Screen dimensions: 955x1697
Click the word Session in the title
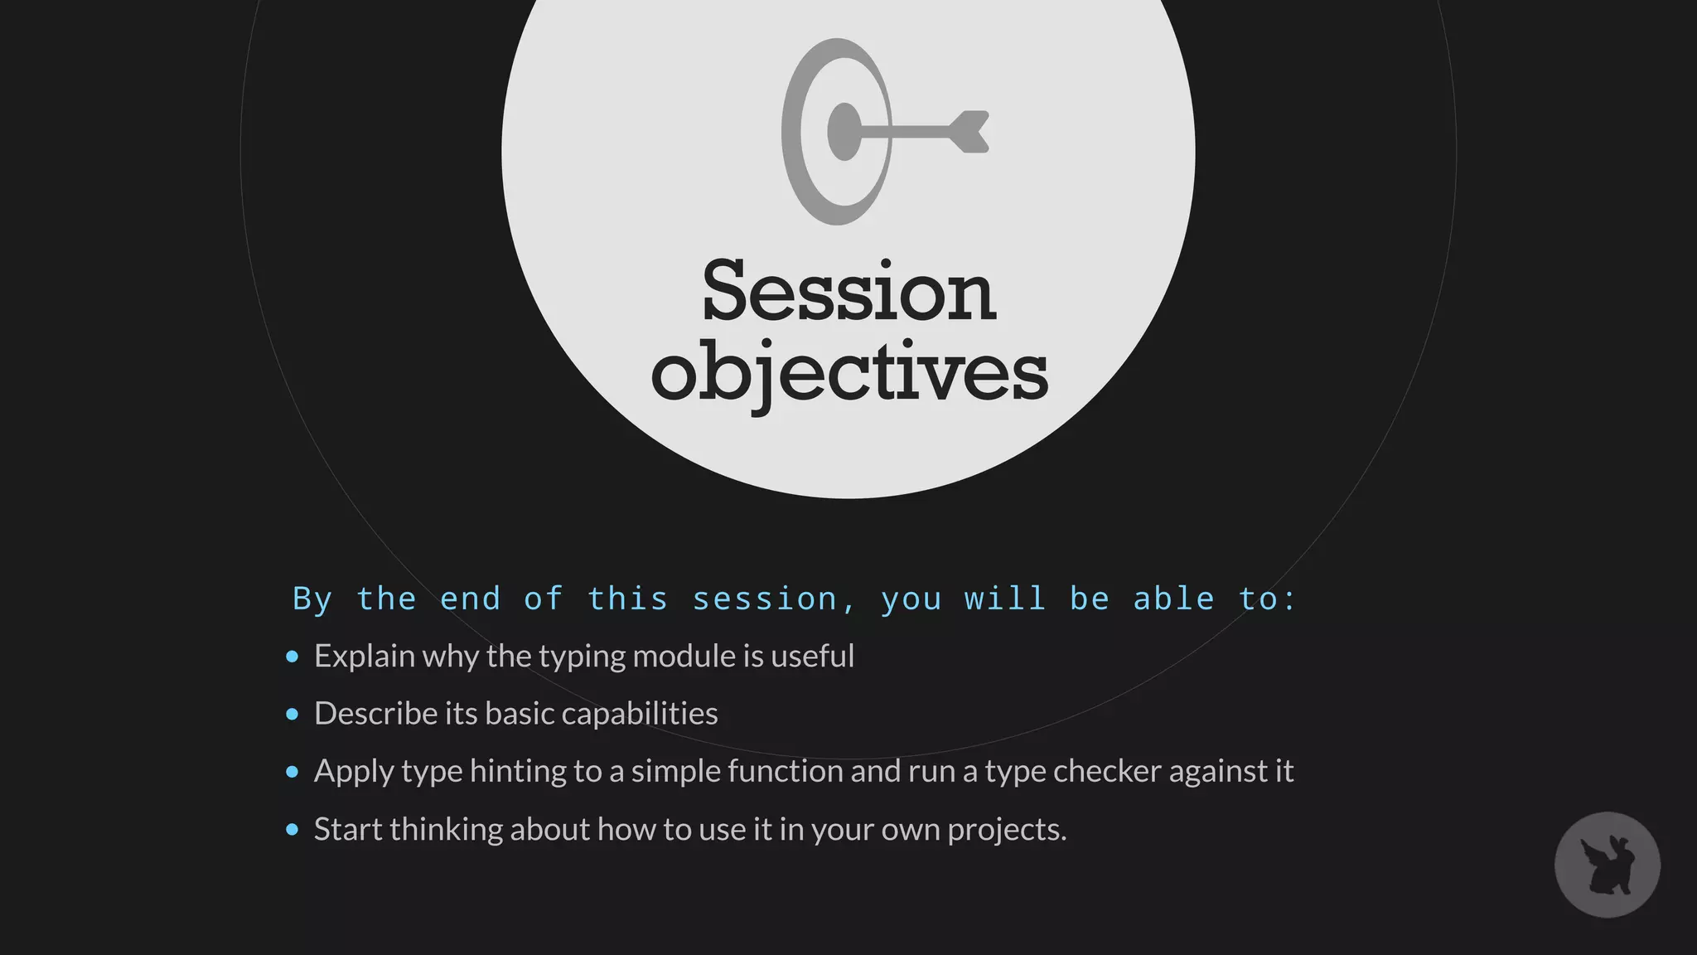pyautogui.click(x=848, y=292)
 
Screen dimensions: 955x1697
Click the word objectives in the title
pyautogui.click(x=849, y=373)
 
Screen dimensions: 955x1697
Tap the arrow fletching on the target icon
pyautogui.click(x=969, y=132)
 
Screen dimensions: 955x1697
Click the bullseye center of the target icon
pyautogui.click(x=844, y=132)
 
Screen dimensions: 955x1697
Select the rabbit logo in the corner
pyautogui.click(x=1607, y=865)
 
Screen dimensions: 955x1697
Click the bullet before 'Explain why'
pyautogui.click(x=292, y=657)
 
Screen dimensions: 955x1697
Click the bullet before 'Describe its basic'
pyautogui.click(x=292, y=714)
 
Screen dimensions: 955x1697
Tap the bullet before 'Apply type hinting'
pyautogui.click(x=292, y=772)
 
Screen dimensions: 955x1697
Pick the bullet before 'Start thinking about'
pyautogui.click(x=292, y=829)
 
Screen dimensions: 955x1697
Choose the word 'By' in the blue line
pyautogui.click(x=312, y=599)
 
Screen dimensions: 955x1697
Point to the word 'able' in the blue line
pyautogui.click(x=1173, y=599)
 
